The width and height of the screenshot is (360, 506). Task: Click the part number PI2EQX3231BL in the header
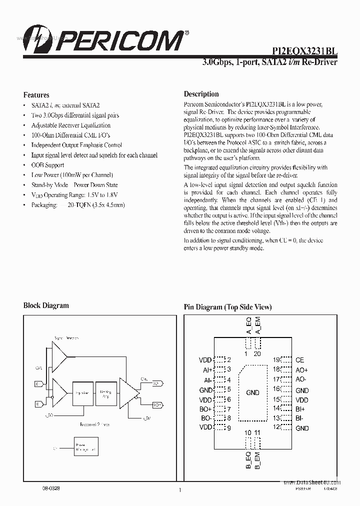304,51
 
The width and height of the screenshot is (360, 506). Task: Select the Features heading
36,94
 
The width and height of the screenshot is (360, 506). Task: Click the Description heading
201,94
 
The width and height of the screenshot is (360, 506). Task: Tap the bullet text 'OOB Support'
47,165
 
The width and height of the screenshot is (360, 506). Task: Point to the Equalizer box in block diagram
81,393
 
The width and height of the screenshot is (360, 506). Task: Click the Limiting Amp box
105,393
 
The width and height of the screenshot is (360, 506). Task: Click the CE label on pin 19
299,360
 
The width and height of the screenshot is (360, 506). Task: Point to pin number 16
276,389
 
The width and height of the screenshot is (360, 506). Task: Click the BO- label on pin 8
205,418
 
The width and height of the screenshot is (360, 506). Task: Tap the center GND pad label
252,392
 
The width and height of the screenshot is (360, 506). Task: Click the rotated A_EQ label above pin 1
248,326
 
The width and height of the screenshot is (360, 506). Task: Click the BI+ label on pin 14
300,408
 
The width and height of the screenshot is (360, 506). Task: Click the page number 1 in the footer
179,490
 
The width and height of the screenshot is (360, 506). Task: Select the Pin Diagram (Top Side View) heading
227,307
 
